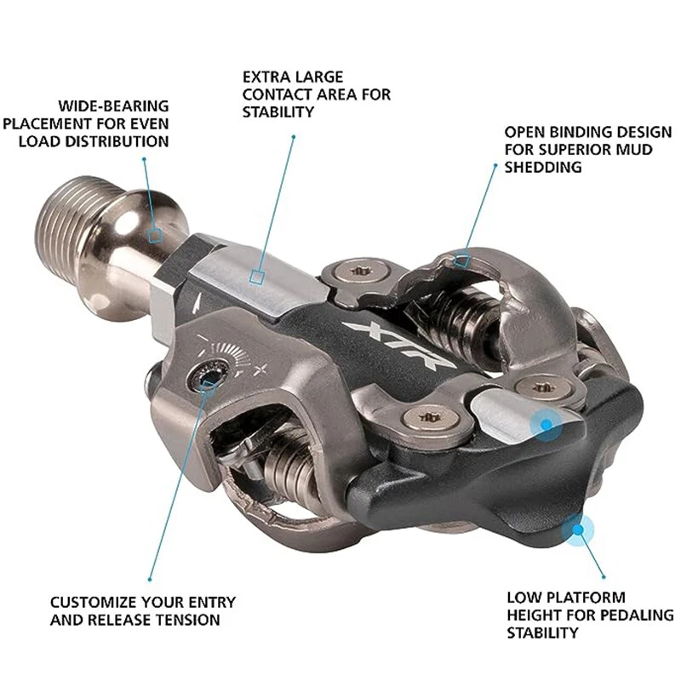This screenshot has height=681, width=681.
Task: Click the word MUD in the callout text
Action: tap(635, 150)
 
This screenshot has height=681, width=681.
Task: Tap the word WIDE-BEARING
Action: tap(113, 106)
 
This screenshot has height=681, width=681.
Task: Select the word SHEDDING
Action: tap(543, 167)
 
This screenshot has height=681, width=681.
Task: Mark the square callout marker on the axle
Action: tap(155, 236)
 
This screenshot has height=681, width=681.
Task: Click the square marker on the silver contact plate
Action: tap(257, 276)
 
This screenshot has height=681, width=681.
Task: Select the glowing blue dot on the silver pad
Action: tap(545, 422)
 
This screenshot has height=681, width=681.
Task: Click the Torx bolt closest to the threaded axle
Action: tap(359, 273)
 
